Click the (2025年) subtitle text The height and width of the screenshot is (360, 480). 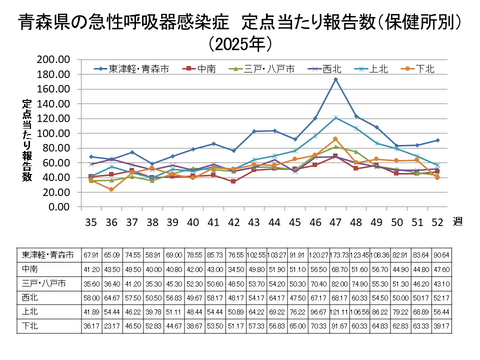240,44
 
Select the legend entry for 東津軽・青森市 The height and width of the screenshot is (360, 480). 135,69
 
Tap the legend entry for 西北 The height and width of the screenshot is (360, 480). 331,69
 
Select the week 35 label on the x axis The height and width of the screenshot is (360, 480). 91,221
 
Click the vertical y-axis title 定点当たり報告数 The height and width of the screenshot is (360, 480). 27,140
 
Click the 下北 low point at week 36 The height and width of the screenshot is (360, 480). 112,189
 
